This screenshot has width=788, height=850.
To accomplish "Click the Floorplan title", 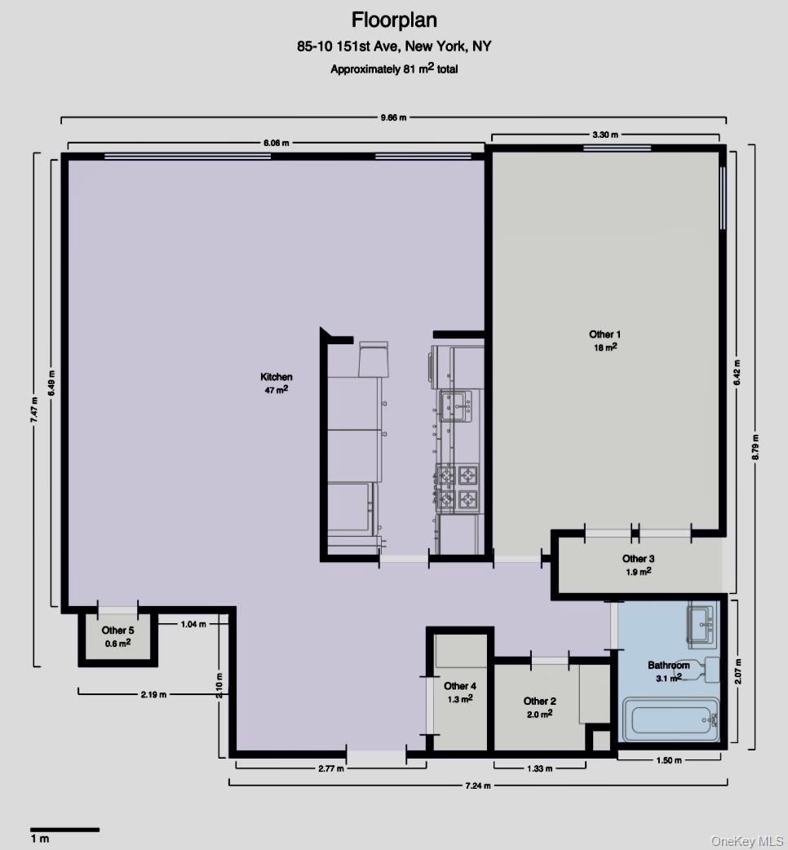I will [394, 20].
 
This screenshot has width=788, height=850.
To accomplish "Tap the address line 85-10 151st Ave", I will [394, 46].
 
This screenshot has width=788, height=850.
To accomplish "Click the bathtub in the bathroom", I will [670, 719].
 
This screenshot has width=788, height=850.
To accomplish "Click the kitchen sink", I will [456, 404].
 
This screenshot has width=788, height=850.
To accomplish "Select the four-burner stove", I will [457, 486].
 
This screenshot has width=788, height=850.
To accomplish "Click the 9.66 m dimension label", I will [394, 117].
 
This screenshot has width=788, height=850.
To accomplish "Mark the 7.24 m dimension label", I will [477, 784].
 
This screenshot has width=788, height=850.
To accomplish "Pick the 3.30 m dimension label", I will [605, 134].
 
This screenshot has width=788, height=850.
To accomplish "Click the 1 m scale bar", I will [65, 830].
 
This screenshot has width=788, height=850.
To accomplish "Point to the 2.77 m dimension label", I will [330, 768].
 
